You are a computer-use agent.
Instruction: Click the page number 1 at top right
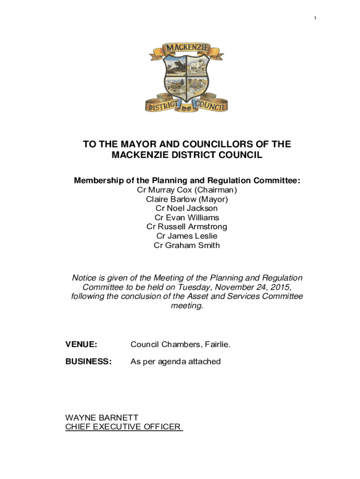(315, 18)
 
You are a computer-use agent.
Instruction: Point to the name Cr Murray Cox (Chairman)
(187, 190)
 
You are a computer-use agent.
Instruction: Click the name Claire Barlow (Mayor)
(187, 199)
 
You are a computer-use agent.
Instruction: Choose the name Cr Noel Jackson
(187, 208)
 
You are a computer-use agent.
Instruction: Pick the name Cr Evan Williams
(187, 218)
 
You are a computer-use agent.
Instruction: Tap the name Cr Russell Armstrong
(187, 227)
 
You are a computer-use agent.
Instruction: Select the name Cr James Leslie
(187, 236)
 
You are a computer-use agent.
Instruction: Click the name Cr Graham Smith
(187, 245)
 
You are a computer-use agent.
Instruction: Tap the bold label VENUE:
(81, 345)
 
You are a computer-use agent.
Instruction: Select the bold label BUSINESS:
(88, 362)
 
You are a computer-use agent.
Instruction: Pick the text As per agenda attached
(175, 362)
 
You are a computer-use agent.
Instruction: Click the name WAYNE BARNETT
(101, 418)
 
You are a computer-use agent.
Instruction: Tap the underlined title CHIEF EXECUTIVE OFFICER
(123, 427)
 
